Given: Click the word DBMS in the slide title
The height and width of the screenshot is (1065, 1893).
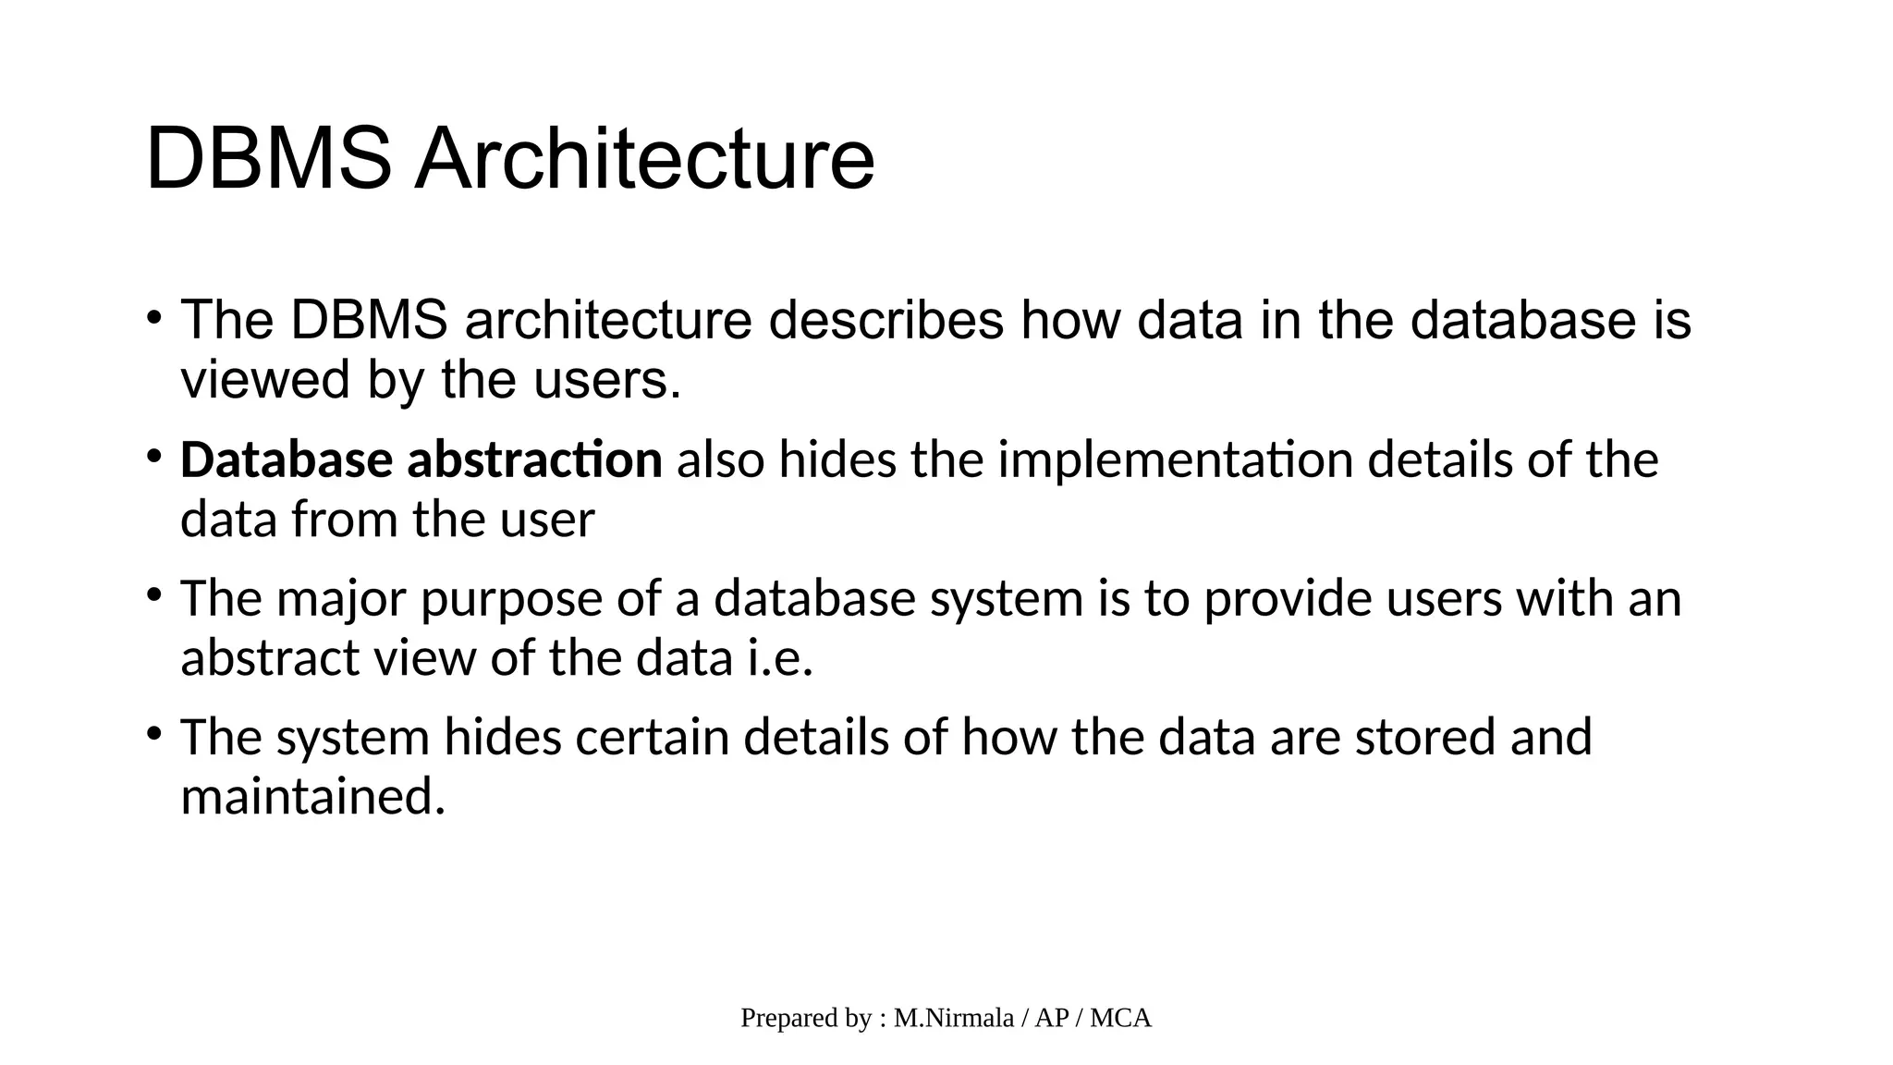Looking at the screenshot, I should (268, 159).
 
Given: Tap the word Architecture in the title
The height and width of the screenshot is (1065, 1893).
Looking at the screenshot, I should (643, 159).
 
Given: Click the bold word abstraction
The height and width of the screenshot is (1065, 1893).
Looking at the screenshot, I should (534, 459).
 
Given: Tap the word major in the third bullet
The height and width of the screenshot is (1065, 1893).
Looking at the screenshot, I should (341, 598).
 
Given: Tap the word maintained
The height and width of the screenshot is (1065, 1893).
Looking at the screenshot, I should (312, 797).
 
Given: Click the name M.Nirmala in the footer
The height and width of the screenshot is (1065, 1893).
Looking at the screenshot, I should (954, 1018).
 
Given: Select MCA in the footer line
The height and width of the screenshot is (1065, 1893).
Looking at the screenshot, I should (1120, 1018).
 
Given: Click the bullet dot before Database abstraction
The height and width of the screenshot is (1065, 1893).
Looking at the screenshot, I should (153, 455).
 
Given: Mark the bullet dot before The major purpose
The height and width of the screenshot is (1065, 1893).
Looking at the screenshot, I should (153, 594).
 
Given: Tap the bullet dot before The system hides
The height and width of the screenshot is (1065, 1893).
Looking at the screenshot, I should (153, 733).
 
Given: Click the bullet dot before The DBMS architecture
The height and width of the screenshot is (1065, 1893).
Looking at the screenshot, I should (153, 317).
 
